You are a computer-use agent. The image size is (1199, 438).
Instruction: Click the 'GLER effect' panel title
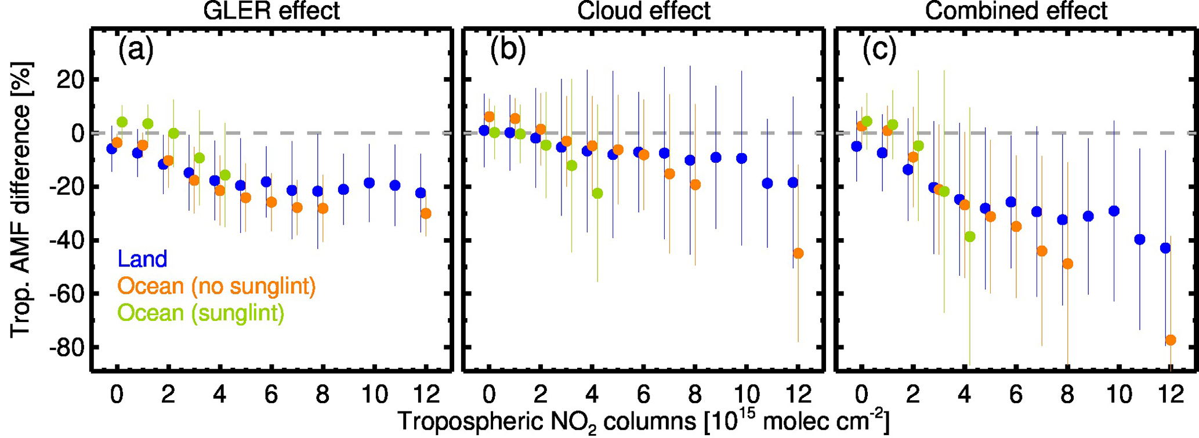pyautogui.click(x=271, y=12)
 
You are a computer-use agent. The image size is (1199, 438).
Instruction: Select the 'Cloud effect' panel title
pyautogui.click(x=643, y=12)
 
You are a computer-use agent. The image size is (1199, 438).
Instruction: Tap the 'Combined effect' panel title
pyautogui.click(x=1016, y=12)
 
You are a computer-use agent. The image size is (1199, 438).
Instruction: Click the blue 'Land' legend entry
pyautogui.click(x=142, y=259)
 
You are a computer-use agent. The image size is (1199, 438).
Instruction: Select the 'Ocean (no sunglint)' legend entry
pyautogui.click(x=216, y=286)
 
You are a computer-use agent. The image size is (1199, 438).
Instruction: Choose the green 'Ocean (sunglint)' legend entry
pyautogui.click(x=201, y=313)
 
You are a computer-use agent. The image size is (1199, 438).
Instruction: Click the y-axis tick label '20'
pyautogui.click(x=70, y=80)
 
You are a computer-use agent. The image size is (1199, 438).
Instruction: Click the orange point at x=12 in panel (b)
pyautogui.click(x=798, y=253)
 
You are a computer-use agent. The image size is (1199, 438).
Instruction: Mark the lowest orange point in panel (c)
pyautogui.click(x=1171, y=340)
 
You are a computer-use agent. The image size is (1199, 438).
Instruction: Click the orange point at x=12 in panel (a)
pyautogui.click(x=426, y=214)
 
